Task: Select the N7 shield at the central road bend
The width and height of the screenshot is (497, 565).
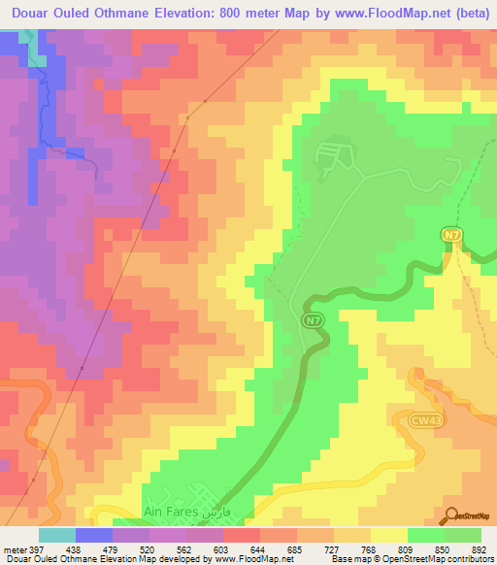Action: [x=311, y=319]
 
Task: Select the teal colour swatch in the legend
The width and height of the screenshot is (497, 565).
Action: [x=56, y=535]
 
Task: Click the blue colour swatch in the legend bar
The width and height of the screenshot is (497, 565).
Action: [x=93, y=535]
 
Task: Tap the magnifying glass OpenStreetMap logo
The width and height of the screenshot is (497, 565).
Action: [x=451, y=515]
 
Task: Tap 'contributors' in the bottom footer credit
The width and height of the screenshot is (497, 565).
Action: [x=470, y=559]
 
